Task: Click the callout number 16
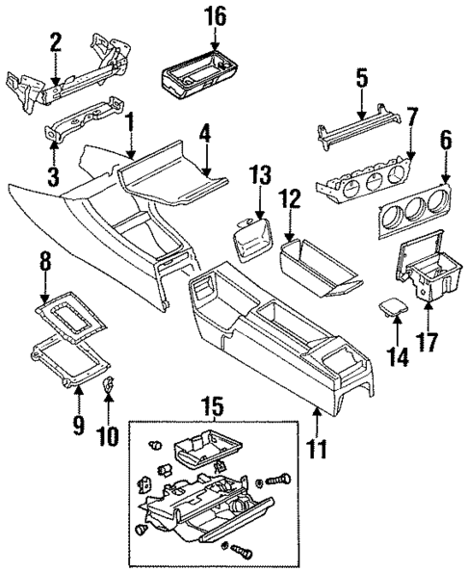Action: click(216, 17)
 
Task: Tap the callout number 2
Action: click(55, 42)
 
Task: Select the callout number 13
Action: click(260, 175)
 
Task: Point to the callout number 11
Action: click(317, 449)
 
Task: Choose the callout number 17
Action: click(428, 342)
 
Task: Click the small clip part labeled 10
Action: click(108, 384)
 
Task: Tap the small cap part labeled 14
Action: click(394, 306)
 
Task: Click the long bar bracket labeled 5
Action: click(358, 126)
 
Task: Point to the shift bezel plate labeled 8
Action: click(71, 317)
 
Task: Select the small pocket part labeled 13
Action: click(253, 239)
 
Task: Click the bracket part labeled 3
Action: click(83, 123)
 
